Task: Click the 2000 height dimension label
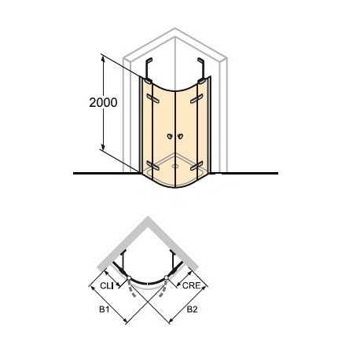pos(103,102)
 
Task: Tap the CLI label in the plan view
pos(107,285)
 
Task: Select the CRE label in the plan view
pos(191,285)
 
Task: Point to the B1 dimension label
pos(104,310)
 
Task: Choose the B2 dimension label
pos(192,310)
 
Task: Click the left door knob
pos(170,136)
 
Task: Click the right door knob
pos(180,136)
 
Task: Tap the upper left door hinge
pos(152,98)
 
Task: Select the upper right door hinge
pos(197,99)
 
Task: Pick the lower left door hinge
pos(152,165)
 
